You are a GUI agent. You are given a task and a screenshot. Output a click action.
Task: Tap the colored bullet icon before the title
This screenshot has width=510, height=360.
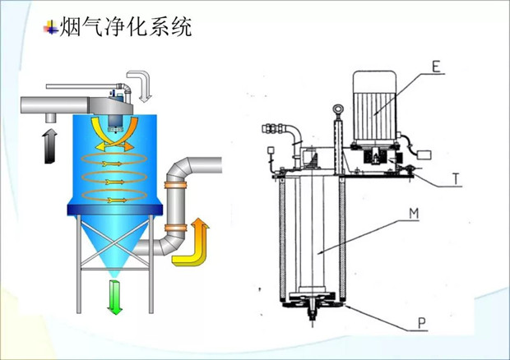[x=51, y=29]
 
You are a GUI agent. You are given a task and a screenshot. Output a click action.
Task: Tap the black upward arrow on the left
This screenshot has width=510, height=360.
[x=49, y=144]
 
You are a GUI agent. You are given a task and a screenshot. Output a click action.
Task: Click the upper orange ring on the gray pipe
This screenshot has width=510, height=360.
[x=175, y=187]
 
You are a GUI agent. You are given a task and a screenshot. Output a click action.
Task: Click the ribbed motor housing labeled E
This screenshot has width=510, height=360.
[x=373, y=103]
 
